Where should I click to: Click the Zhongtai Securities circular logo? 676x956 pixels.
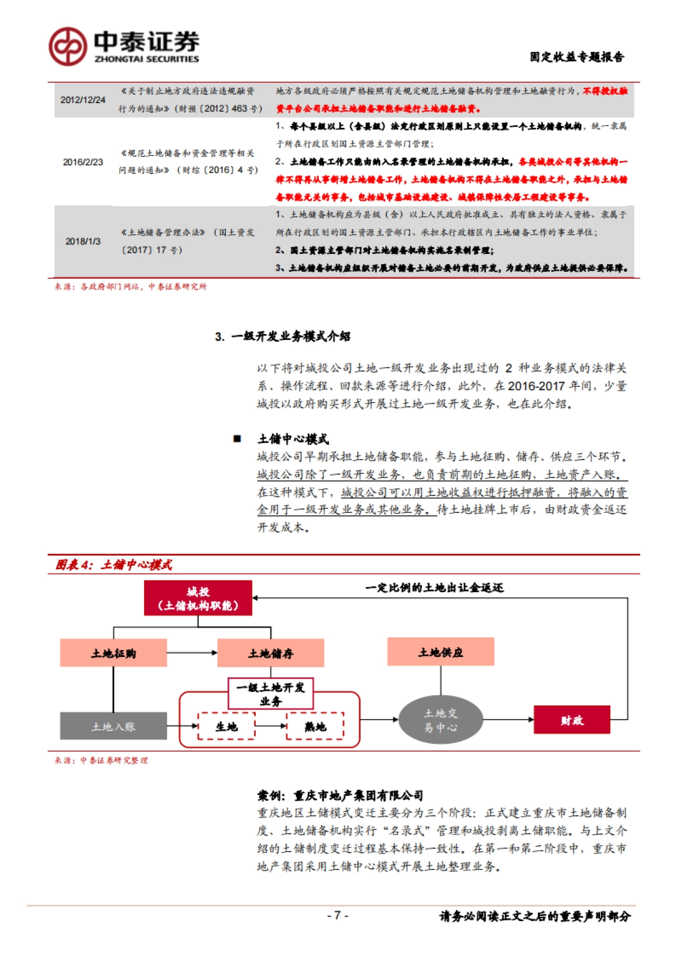(x=68, y=46)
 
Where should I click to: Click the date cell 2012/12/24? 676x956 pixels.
(x=83, y=100)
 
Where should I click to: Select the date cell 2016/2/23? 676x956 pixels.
(x=83, y=162)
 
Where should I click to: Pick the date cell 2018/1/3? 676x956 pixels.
(x=83, y=241)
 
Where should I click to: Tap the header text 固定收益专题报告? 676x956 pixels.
(x=576, y=57)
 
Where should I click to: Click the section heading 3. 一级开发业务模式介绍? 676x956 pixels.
(x=282, y=337)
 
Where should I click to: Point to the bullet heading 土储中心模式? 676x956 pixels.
(x=293, y=439)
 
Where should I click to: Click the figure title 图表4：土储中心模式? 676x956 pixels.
(x=114, y=565)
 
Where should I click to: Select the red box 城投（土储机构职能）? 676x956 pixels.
(x=198, y=598)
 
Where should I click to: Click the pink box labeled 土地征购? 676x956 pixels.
(x=113, y=653)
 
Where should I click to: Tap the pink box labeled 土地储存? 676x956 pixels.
(x=270, y=653)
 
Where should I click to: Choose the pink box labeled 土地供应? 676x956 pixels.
(x=441, y=652)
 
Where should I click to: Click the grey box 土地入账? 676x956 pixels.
(x=113, y=726)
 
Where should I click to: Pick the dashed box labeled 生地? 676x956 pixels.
(x=226, y=726)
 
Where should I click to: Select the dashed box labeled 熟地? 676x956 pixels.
(x=315, y=726)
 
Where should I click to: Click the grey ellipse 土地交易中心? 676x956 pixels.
(x=441, y=720)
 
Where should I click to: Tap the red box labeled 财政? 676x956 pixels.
(x=572, y=720)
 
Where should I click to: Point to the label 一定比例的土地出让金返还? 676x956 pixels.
(x=434, y=588)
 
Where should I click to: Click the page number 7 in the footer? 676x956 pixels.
(x=337, y=915)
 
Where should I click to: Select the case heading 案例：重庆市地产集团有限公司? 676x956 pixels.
(x=340, y=796)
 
